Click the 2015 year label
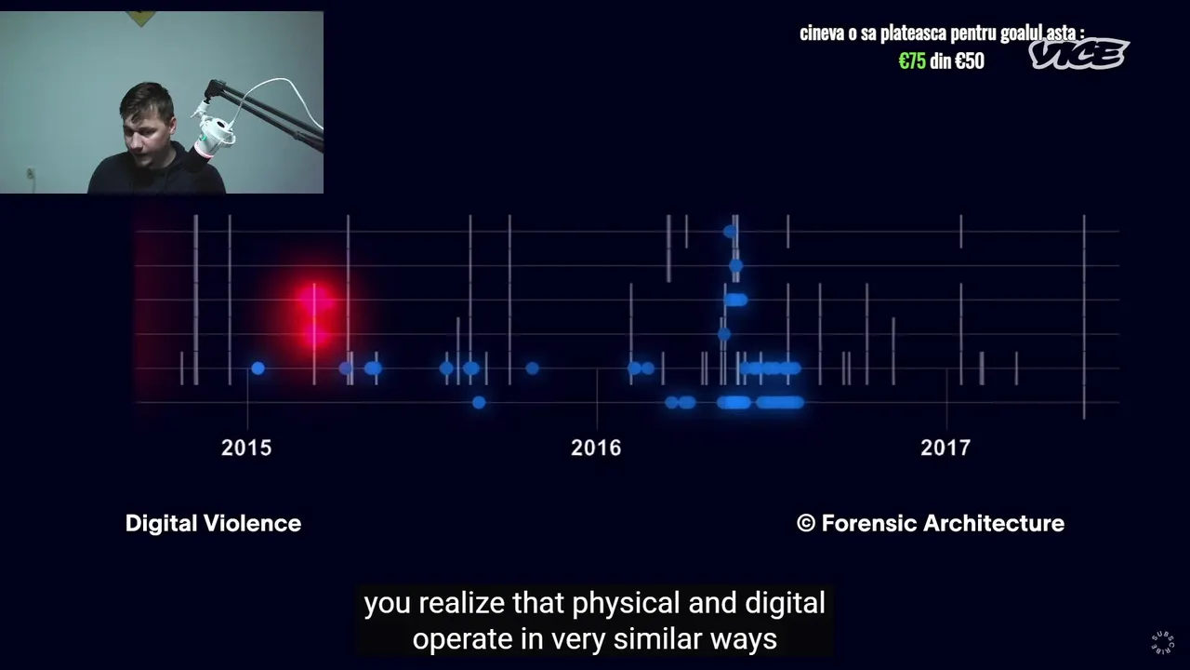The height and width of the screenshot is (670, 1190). point(246,448)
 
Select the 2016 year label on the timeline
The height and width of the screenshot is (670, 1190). point(596,448)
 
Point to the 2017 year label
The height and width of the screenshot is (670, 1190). point(945,448)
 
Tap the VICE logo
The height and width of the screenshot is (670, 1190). point(1078,54)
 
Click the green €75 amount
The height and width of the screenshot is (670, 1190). point(912,61)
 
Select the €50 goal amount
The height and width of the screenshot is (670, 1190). point(970,61)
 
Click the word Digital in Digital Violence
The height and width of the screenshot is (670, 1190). point(162,524)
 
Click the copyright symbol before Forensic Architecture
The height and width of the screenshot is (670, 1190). point(806,523)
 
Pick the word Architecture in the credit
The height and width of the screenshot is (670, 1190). point(994,523)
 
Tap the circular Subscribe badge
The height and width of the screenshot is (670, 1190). point(1162,642)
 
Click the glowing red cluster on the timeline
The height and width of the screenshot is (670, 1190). point(315,316)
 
